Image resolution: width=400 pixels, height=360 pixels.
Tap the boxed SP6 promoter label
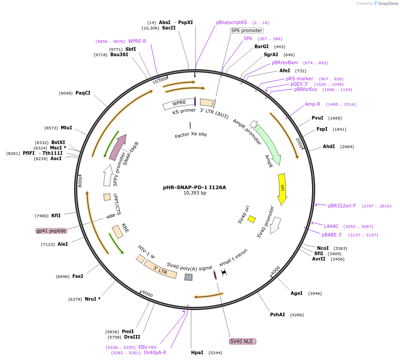pyautogui.click(x=247, y=30)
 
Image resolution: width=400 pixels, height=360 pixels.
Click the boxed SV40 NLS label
pyautogui.click(x=242, y=341)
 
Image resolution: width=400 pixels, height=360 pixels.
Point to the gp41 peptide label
pyautogui.click(x=51, y=231)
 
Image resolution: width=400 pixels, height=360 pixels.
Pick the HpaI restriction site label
pyautogui.click(x=197, y=352)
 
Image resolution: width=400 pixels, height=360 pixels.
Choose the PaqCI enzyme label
pyautogui.click(x=83, y=93)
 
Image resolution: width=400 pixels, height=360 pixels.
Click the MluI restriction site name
pyautogui.click(x=66, y=128)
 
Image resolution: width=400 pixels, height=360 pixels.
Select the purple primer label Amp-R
pyautogui.click(x=312, y=104)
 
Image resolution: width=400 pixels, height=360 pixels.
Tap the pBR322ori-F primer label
pyautogui.click(x=342, y=206)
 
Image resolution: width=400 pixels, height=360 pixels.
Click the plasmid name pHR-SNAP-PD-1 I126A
pyautogui.click(x=195, y=187)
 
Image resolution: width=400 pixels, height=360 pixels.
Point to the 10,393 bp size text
pyautogui.click(x=195, y=193)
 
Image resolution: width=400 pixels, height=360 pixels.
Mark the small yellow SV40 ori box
pyautogui.click(x=252, y=219)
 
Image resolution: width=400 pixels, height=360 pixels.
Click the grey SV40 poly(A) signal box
pyautogui.click(x=188, y=277)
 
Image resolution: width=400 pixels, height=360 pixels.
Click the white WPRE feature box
pyautogui.click(x=179, y=103)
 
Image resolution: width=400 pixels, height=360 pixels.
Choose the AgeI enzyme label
pyautogui.click(x=296, y=293)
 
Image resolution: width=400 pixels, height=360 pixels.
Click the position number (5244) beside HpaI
pyautogui.click(x=216, y=352)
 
